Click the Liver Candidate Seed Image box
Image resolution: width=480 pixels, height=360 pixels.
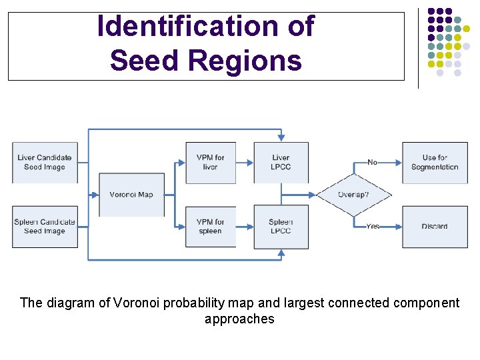point(45,163)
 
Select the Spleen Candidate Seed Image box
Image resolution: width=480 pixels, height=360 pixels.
point(45,227)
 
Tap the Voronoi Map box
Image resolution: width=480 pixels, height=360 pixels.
point(131,195)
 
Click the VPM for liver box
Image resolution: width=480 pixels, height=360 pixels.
point(211,163)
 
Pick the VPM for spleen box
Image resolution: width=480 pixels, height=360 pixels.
point(211,227)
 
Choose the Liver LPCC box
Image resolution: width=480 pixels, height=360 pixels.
point(281,163)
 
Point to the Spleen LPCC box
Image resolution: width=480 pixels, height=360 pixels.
point(281,227)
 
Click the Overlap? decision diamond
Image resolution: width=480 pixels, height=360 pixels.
point(353,195)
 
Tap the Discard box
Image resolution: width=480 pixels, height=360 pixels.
point(435,227)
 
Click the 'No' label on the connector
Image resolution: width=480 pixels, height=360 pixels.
point(372,162)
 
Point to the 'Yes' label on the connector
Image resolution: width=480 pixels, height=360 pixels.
point(373,227)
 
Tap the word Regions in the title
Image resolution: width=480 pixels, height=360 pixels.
point(245,61)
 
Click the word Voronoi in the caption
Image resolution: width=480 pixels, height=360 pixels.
point(137,303)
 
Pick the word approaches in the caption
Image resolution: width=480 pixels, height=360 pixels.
point(239,319)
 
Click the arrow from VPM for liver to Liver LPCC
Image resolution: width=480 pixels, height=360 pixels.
point(245,163)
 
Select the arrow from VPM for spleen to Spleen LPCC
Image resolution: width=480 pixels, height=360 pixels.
point(245,227)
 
